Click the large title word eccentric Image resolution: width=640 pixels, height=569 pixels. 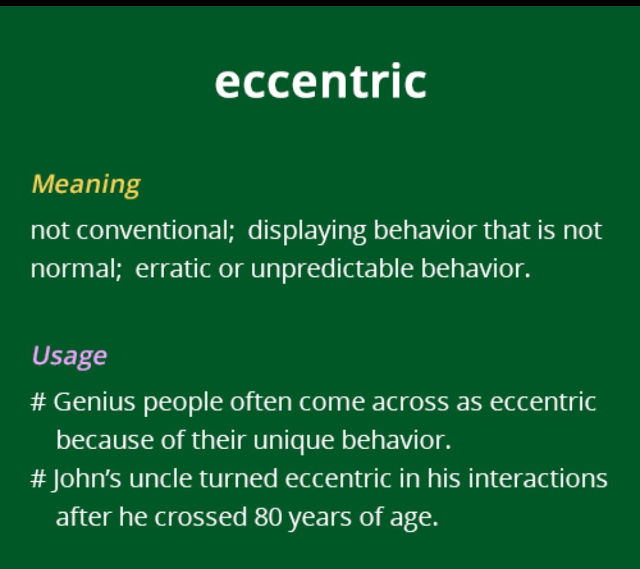click(321, 81)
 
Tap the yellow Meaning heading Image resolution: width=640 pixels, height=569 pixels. click(86, 185)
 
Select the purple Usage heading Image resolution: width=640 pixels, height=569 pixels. click(69, 356)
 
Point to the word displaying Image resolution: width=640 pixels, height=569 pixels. click(307, 231)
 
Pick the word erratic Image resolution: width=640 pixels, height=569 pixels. click(172, 269)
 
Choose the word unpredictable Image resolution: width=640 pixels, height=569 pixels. click(332, 270)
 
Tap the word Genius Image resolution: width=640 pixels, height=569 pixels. click(94, 402)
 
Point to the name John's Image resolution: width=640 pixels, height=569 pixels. click(86, 479)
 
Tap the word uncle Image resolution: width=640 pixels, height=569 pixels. click(161, 478)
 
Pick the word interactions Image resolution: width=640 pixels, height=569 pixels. click(537, 478)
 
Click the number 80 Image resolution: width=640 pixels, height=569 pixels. click(267, 517)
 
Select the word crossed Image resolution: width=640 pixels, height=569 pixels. click(200, 517)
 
